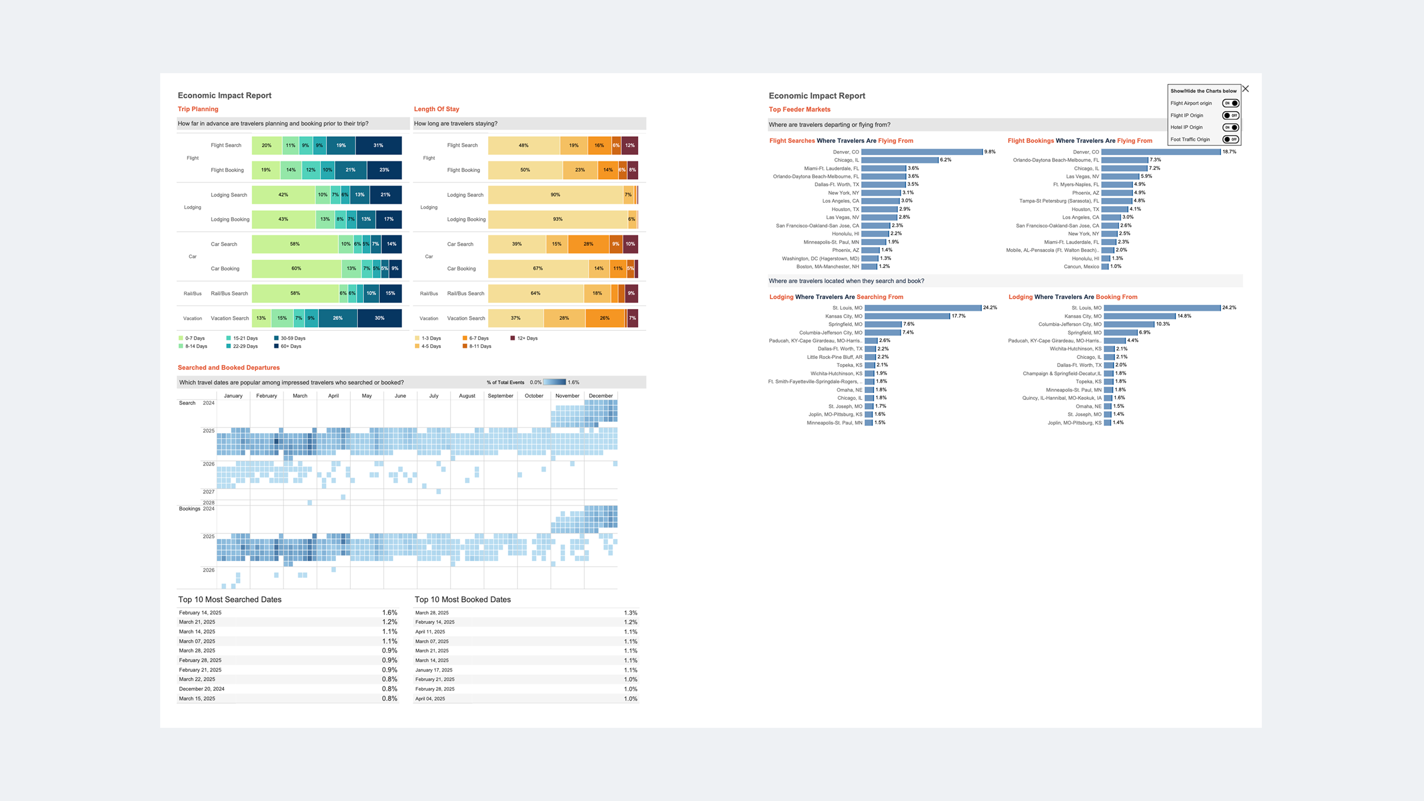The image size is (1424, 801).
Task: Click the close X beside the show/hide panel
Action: coord(1246,89)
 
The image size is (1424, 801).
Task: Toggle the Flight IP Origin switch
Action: coord(1231,116)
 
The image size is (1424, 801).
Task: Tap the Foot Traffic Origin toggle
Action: coord(1231,139)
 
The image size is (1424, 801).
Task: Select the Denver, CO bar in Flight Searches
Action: coord(922,152)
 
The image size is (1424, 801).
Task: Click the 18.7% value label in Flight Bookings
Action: coord(1229,152)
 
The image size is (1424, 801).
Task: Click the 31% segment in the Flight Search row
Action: coord(378,145)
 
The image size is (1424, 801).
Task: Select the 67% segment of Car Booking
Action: coord(538,268)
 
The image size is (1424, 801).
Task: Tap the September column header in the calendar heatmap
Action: coord(500,396)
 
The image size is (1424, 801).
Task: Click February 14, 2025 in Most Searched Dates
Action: coord(200,613)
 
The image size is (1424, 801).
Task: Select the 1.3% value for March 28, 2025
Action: coord(630,613)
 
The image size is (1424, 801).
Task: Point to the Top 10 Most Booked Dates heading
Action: coord(462,599)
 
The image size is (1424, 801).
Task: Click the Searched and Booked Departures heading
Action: coord(228,367)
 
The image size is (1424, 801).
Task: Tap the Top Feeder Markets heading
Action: coord(800,109)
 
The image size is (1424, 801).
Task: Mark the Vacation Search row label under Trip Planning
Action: coord(229,318)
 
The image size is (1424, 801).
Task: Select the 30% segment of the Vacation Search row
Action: coord(379,318)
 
